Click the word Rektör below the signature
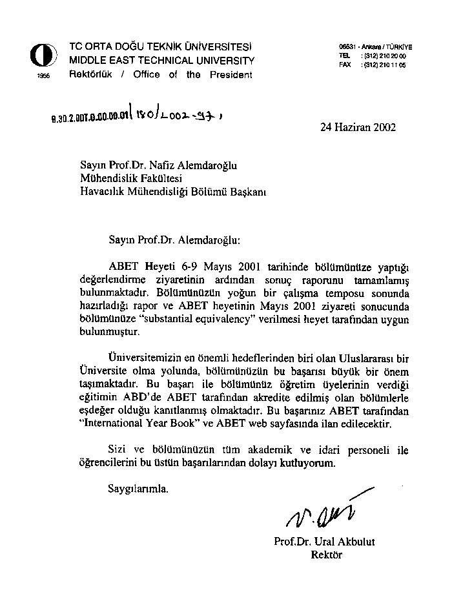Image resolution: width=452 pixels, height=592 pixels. point(326,554)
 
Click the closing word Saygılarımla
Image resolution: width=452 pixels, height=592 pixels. point(138,488)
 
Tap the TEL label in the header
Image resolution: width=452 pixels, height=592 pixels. point(344,56)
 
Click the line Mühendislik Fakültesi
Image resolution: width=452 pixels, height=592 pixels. point(131,178)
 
